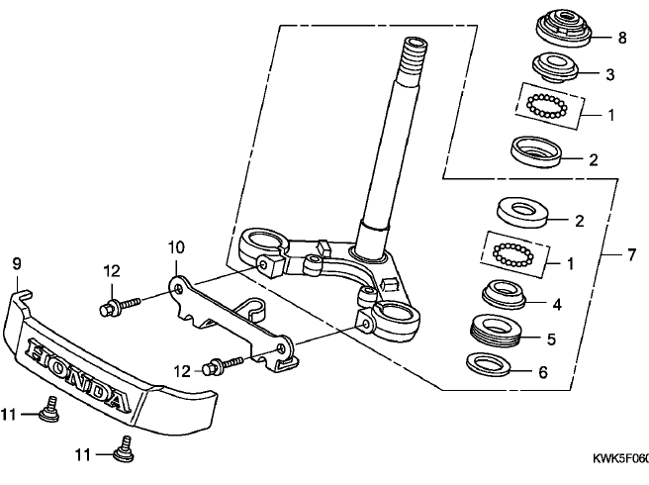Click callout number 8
click(x=622, y=38)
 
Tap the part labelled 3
click(x=555, y=67)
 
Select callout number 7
click(x=631, y=254)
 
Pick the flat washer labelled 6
click(x=489, y=364)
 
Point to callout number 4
click(x=557, y=305)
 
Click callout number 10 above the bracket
click(x=176, y=247)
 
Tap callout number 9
click(x=17, y=263)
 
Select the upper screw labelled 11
click(x=50, y=410)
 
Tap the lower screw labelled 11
click(x=125, y=448)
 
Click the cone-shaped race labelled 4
click(x=504, y=293)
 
